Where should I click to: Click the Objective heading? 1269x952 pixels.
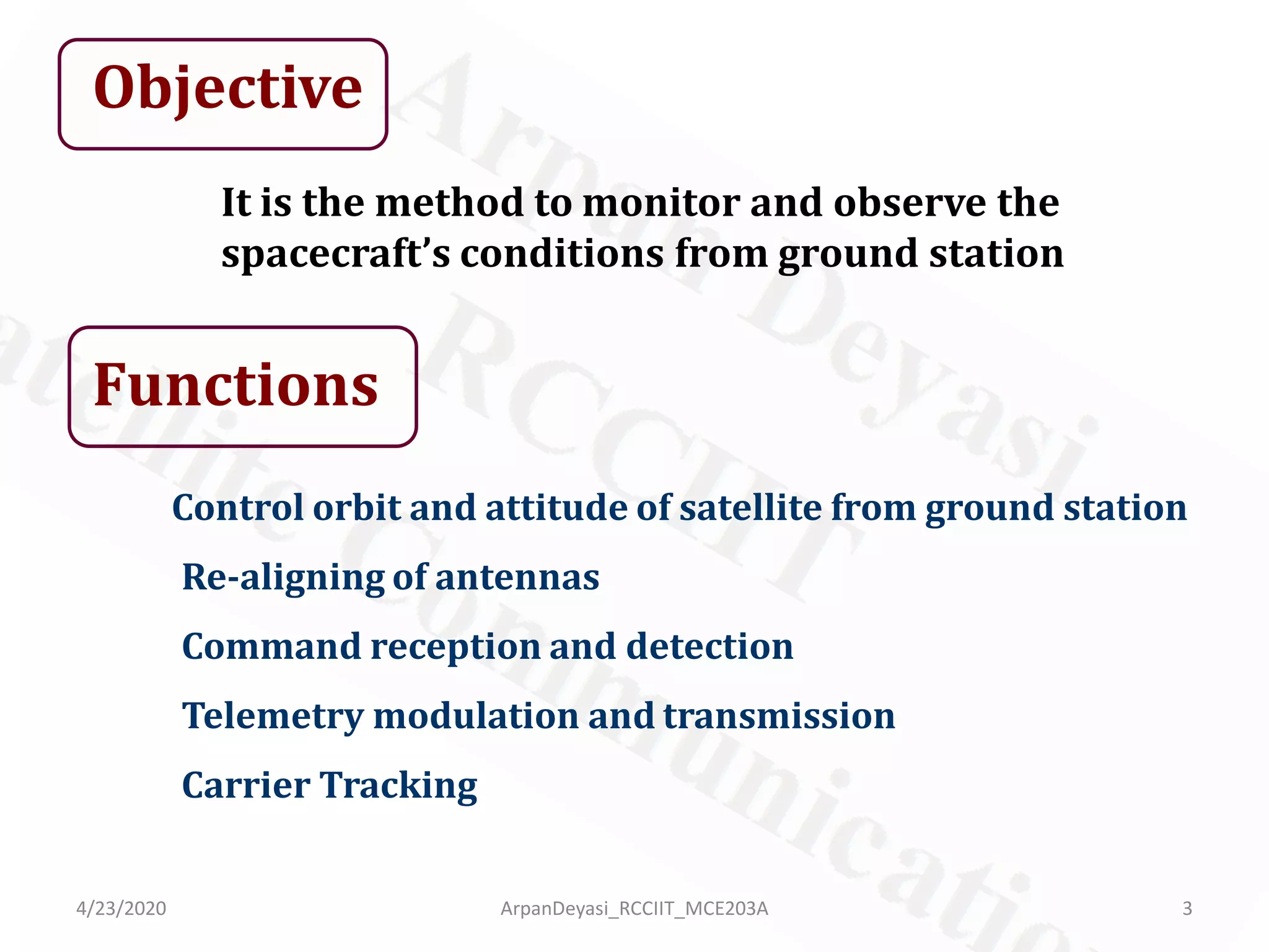pos(227,88)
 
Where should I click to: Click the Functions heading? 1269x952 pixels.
pos(235,386)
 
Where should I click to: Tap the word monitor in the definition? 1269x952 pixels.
pos(661,203)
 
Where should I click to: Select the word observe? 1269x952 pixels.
pos(910,203)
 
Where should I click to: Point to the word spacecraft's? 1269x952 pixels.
pos(335,254)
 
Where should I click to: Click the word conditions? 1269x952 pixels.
pos(561,254)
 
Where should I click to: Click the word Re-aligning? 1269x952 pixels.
pos(283,578)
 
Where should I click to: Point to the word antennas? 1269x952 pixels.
pos(517,577)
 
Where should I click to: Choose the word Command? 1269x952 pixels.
pos(271,646)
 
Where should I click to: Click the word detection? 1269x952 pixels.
pos(709,646)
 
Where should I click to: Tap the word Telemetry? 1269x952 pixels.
pos(273,716)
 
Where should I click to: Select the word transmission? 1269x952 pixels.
pos(779,716)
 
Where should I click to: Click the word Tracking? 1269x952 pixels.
pos(398,786)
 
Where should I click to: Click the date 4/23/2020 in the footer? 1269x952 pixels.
pos(121,909)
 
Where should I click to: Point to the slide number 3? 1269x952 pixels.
pos(1187,909)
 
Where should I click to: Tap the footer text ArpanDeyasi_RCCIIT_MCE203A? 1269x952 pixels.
pos(634,909)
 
